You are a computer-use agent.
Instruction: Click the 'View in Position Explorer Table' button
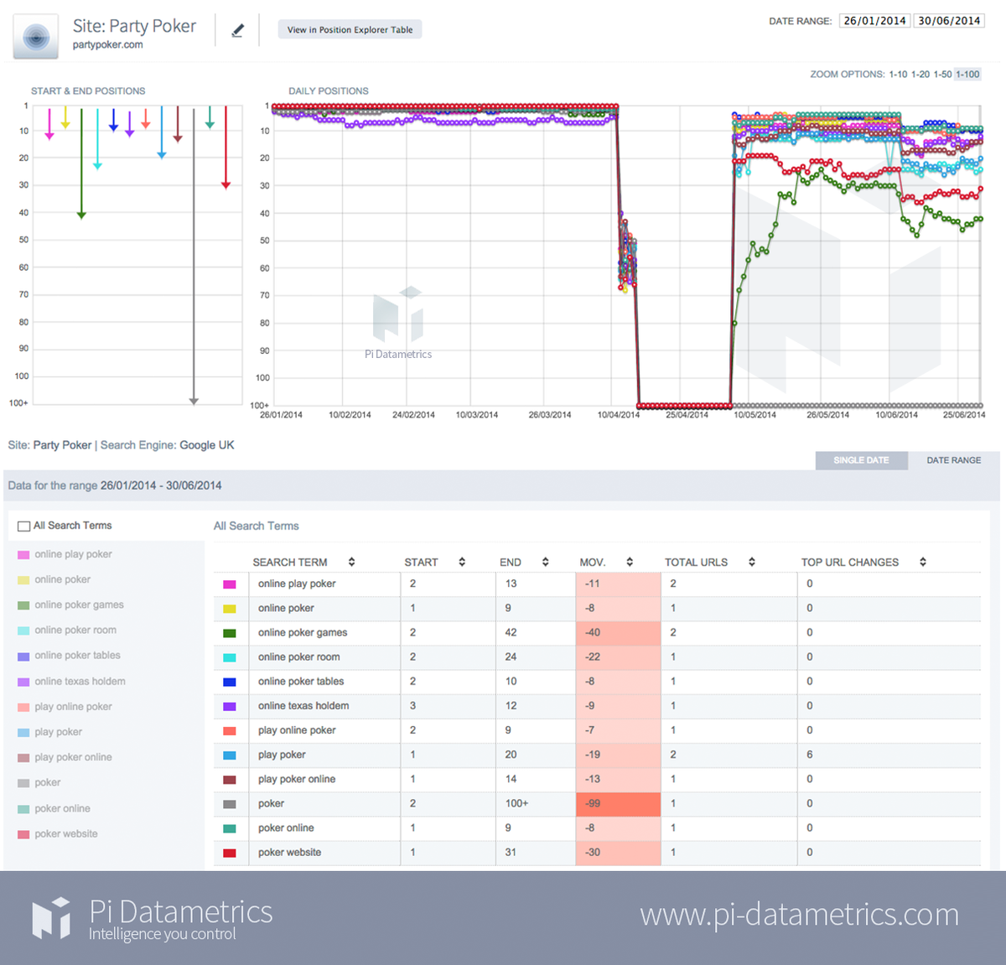tap(350, 30)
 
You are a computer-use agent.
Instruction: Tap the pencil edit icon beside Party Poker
tap(238, 31)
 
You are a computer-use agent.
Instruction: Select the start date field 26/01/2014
tap(874, 21)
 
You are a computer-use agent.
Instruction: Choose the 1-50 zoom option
tap(942, 75)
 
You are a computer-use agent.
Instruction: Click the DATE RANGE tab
tap(953, 460)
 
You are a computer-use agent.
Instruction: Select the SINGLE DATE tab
tap(861, 460)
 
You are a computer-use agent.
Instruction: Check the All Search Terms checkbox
tap(24, 527)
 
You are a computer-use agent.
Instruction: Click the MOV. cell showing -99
tap(618, 803)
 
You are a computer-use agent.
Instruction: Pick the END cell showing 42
tap(511, 632)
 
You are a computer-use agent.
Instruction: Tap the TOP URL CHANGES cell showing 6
tap(810, 755)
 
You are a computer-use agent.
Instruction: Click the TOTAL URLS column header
tap(696, 563)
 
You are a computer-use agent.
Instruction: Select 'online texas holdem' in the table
tap(303, 706)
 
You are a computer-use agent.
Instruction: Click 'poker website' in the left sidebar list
tap(66, 834)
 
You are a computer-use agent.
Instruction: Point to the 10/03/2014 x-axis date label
tap(476, 415)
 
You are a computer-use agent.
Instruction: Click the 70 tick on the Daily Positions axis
tap(265, 296)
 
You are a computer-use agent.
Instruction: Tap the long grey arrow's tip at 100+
tap(194, 402)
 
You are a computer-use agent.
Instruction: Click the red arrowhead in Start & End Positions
tap(226, 184)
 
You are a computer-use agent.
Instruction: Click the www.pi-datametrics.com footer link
tap(799, 915)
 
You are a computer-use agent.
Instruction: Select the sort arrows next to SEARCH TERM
tap(352, 563)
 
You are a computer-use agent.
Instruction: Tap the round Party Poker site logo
tap(36, 37)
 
